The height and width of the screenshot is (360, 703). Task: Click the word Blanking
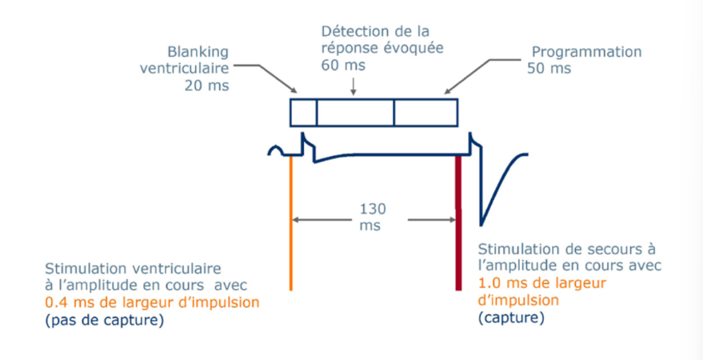point(198,53)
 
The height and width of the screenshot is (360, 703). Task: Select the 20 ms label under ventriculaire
point(206,85)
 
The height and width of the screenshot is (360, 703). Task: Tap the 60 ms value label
point(343,65)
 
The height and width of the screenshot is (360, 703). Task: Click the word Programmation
point(586,51)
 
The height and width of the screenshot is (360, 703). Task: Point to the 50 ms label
point(549,69)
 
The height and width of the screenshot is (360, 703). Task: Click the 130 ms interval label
point(373,217)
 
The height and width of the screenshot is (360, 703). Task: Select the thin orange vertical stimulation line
point(291,222)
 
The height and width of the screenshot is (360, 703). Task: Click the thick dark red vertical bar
point(458,222)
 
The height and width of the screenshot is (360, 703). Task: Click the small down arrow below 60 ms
point(353,86)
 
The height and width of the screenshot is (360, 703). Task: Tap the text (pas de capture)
point(104,322)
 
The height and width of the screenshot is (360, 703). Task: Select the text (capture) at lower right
point(511,318)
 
